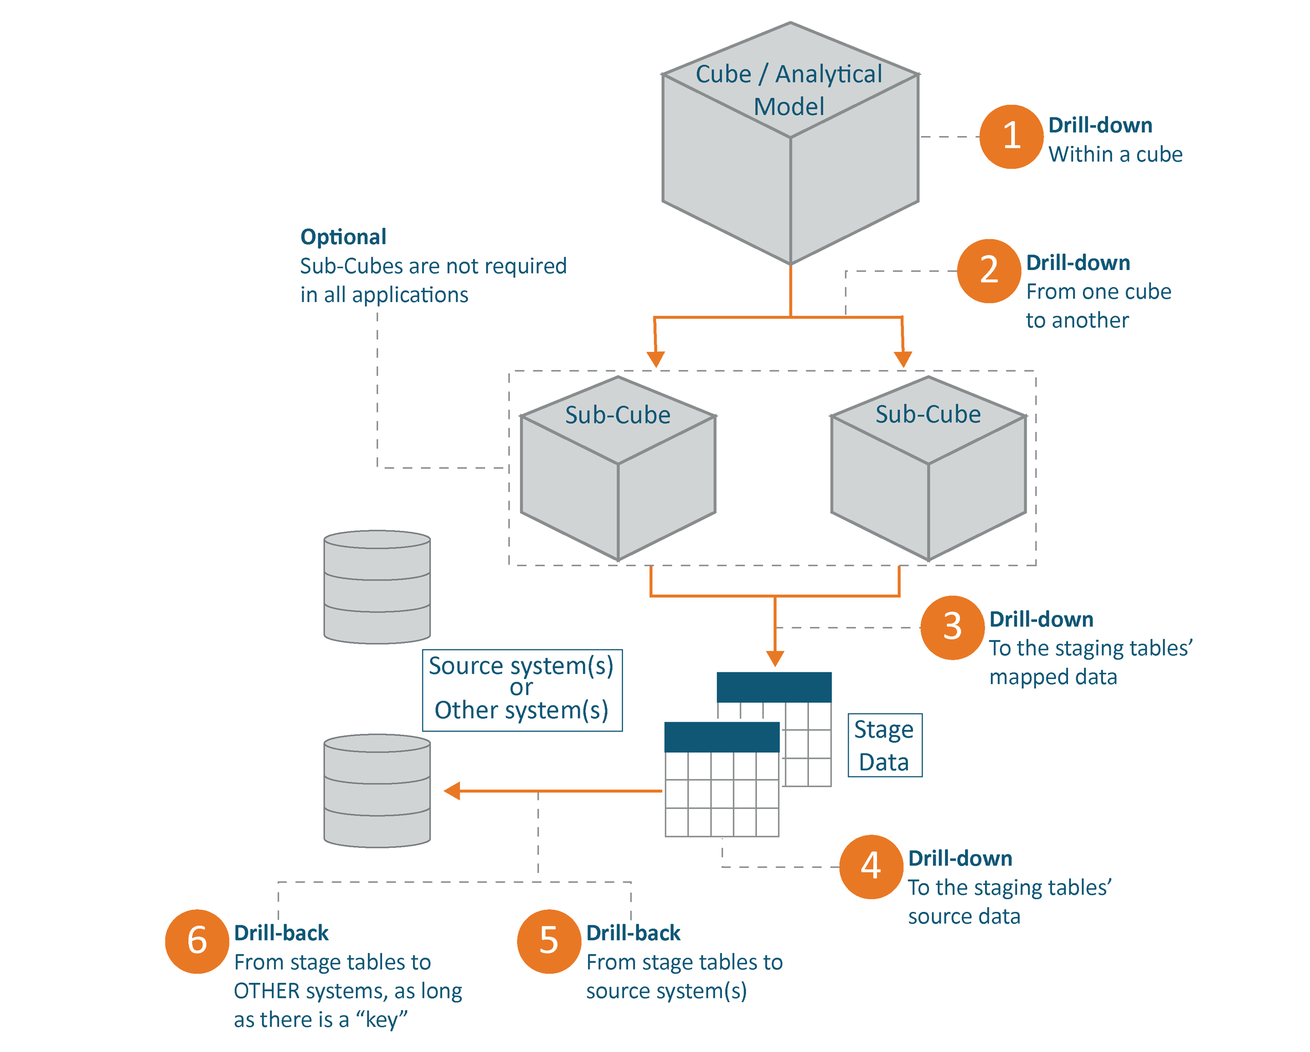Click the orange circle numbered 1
pos(1011,136)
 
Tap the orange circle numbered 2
pos(989,270)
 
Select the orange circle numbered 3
pos(952,627)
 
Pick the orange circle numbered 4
pos(871,866)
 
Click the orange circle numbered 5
pos(549,941)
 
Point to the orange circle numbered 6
pos(197,941)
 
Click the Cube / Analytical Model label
pos(789,90)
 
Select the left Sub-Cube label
pos(617,415)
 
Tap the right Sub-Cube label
pos(927,415)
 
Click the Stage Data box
pos(884,745)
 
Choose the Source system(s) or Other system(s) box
pos(522,689)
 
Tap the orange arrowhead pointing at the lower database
pos(452,791)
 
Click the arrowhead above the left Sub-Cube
pos(656,359)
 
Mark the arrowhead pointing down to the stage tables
pos(774,658)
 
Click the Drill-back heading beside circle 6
pos(281,933)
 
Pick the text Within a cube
pos(1115,155)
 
